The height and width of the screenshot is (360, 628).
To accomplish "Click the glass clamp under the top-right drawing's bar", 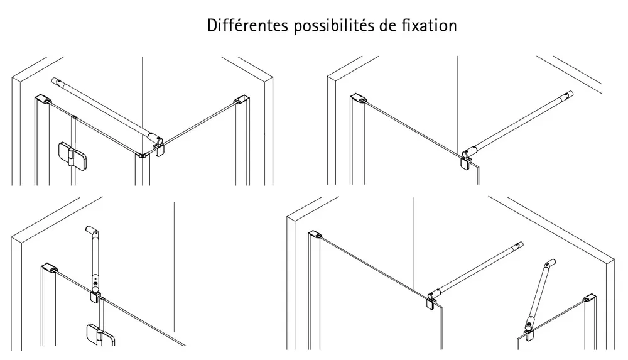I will pyautogui.click(x=467, y=164).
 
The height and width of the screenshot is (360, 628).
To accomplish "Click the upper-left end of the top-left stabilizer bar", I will pyautogui.click(x=56, y=81).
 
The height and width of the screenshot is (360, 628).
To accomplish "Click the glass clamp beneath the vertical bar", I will pyautogui.click(x=95, y=295).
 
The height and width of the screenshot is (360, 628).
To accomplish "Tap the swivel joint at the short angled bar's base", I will pyautogui.click(x=529, y=327).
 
